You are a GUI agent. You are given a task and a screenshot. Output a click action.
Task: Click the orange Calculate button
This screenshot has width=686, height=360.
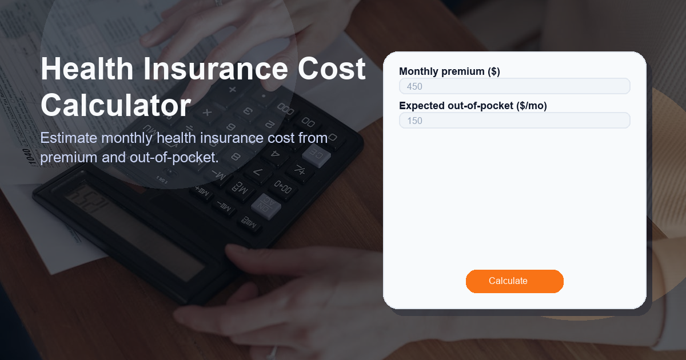click(x=514, y=281)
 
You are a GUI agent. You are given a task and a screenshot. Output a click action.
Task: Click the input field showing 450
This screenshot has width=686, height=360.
click(x=514, y=86)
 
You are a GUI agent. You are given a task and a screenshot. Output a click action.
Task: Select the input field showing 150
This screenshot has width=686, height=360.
click(x=514, y=121)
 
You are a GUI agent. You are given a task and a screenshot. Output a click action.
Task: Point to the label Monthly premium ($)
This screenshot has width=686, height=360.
click(x=449, y=71)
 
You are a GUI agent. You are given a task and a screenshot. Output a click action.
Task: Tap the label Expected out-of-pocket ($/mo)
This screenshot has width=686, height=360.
click(x=473, y=106)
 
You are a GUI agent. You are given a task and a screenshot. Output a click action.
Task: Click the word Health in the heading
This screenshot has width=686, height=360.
click(x=87, y=69)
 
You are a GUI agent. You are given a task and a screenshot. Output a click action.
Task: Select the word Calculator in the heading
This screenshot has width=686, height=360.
click(x=115, y=106)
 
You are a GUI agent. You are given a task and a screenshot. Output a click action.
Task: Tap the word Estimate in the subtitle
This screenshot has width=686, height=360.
click(x=68, y=138)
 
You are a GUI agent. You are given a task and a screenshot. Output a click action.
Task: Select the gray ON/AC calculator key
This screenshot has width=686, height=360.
click(x=265, y=204)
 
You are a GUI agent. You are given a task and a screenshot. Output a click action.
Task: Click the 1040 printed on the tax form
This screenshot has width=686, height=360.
click(x=27, y=156)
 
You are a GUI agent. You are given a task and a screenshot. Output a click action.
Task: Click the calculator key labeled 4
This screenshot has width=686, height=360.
click(x=274, y=153)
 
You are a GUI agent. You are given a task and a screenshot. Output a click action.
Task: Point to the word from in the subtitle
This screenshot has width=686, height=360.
click(x=312, y=138)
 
